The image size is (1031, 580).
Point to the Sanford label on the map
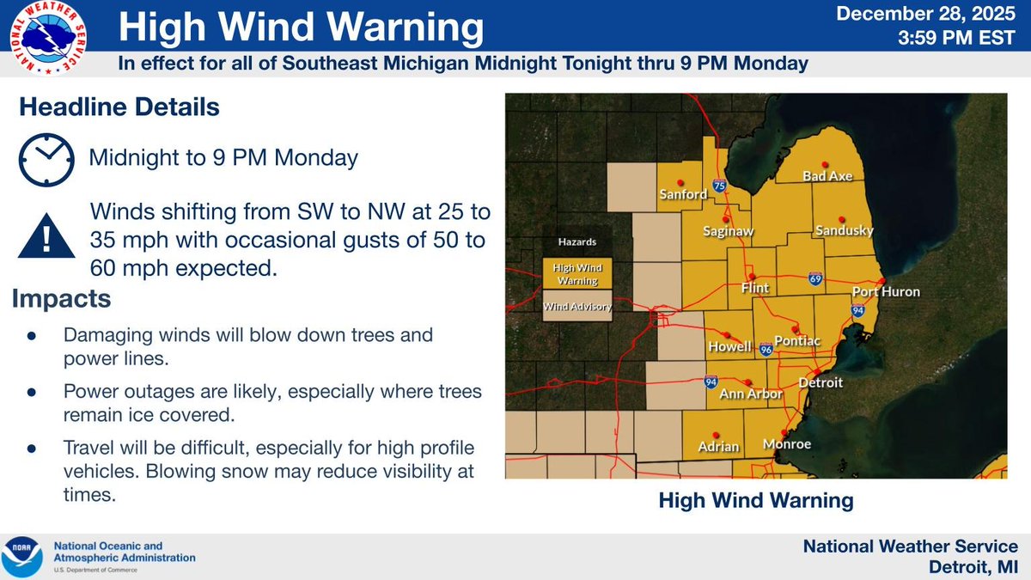click(x=683, y=193)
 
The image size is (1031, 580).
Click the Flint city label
click(x=755, y=288)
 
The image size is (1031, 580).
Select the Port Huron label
click(x=886, y=292)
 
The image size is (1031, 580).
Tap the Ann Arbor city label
click(x=751, y=394)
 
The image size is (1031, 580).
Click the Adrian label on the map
click(x=718, y=447)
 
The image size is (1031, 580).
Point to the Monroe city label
click(x=786, y=445)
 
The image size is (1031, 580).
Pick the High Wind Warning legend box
click(x=570, y=274)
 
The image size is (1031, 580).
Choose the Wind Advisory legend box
click(x=570, y=306)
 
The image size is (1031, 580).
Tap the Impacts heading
click(x=61, y=299)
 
